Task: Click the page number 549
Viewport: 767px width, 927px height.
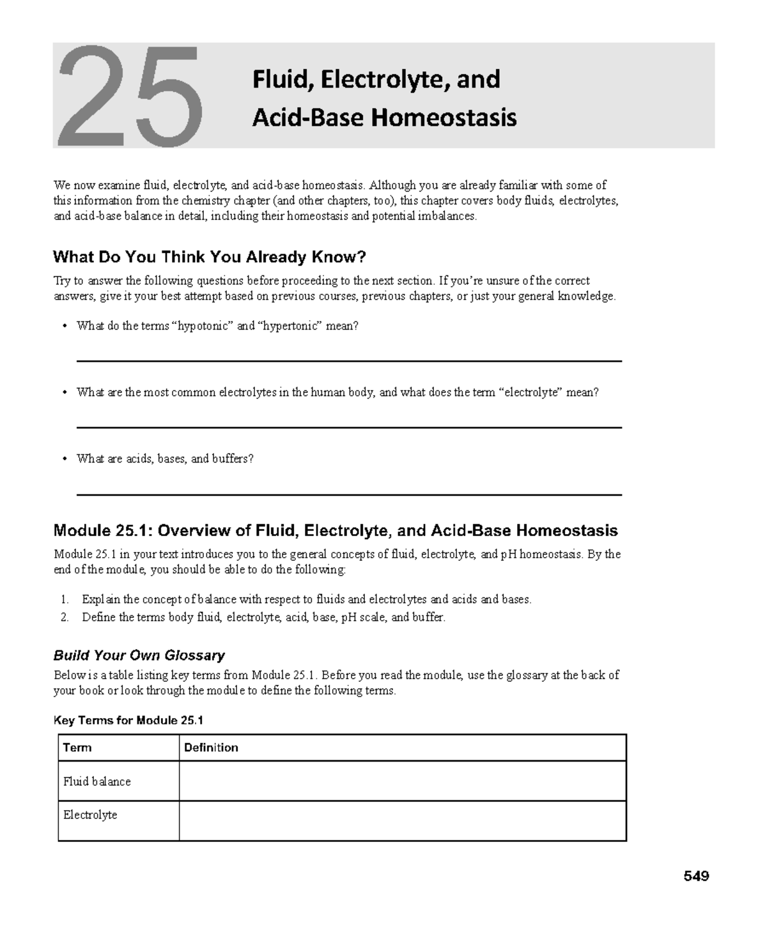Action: coord(695,876)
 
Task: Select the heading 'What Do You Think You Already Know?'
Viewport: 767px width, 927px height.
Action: coord(209,257)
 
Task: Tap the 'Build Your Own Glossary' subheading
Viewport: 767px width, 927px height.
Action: coord(139,655)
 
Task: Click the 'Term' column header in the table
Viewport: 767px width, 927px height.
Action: coord(77,747)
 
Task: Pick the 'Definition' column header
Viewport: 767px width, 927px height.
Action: coord(211,747)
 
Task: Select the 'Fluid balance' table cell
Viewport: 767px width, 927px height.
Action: coord(97,781)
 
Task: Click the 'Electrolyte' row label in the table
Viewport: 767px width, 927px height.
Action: coord(90,815)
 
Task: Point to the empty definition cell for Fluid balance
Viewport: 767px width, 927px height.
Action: coord(402,781)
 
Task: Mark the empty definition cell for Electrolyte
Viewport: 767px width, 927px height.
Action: coord(402,821)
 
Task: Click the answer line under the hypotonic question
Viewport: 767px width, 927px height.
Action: coord(349,361)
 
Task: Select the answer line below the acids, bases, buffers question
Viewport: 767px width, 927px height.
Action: coord(349,494)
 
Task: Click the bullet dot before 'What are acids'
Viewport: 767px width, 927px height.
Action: coord(64,459)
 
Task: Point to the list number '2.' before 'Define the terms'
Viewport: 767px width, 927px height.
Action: coord(65,617)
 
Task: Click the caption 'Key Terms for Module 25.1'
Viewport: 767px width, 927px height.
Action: coord(128,720)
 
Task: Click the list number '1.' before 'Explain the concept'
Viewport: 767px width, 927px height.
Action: coord(65,599)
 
